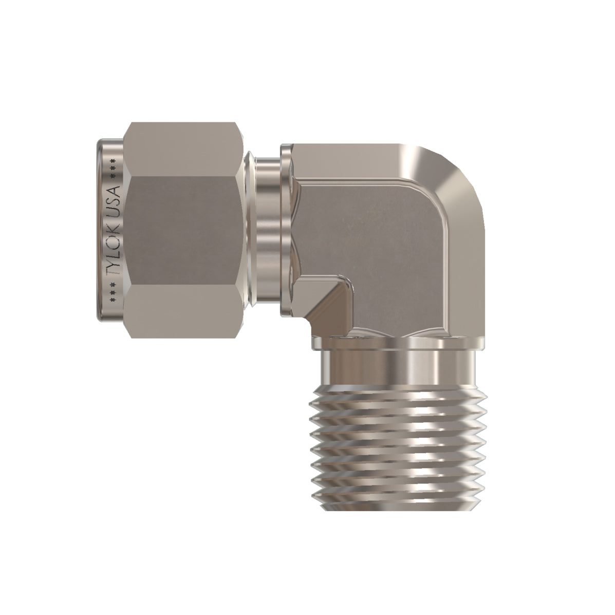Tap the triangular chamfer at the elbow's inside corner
pos(329,303)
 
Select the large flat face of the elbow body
pos(380,236)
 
